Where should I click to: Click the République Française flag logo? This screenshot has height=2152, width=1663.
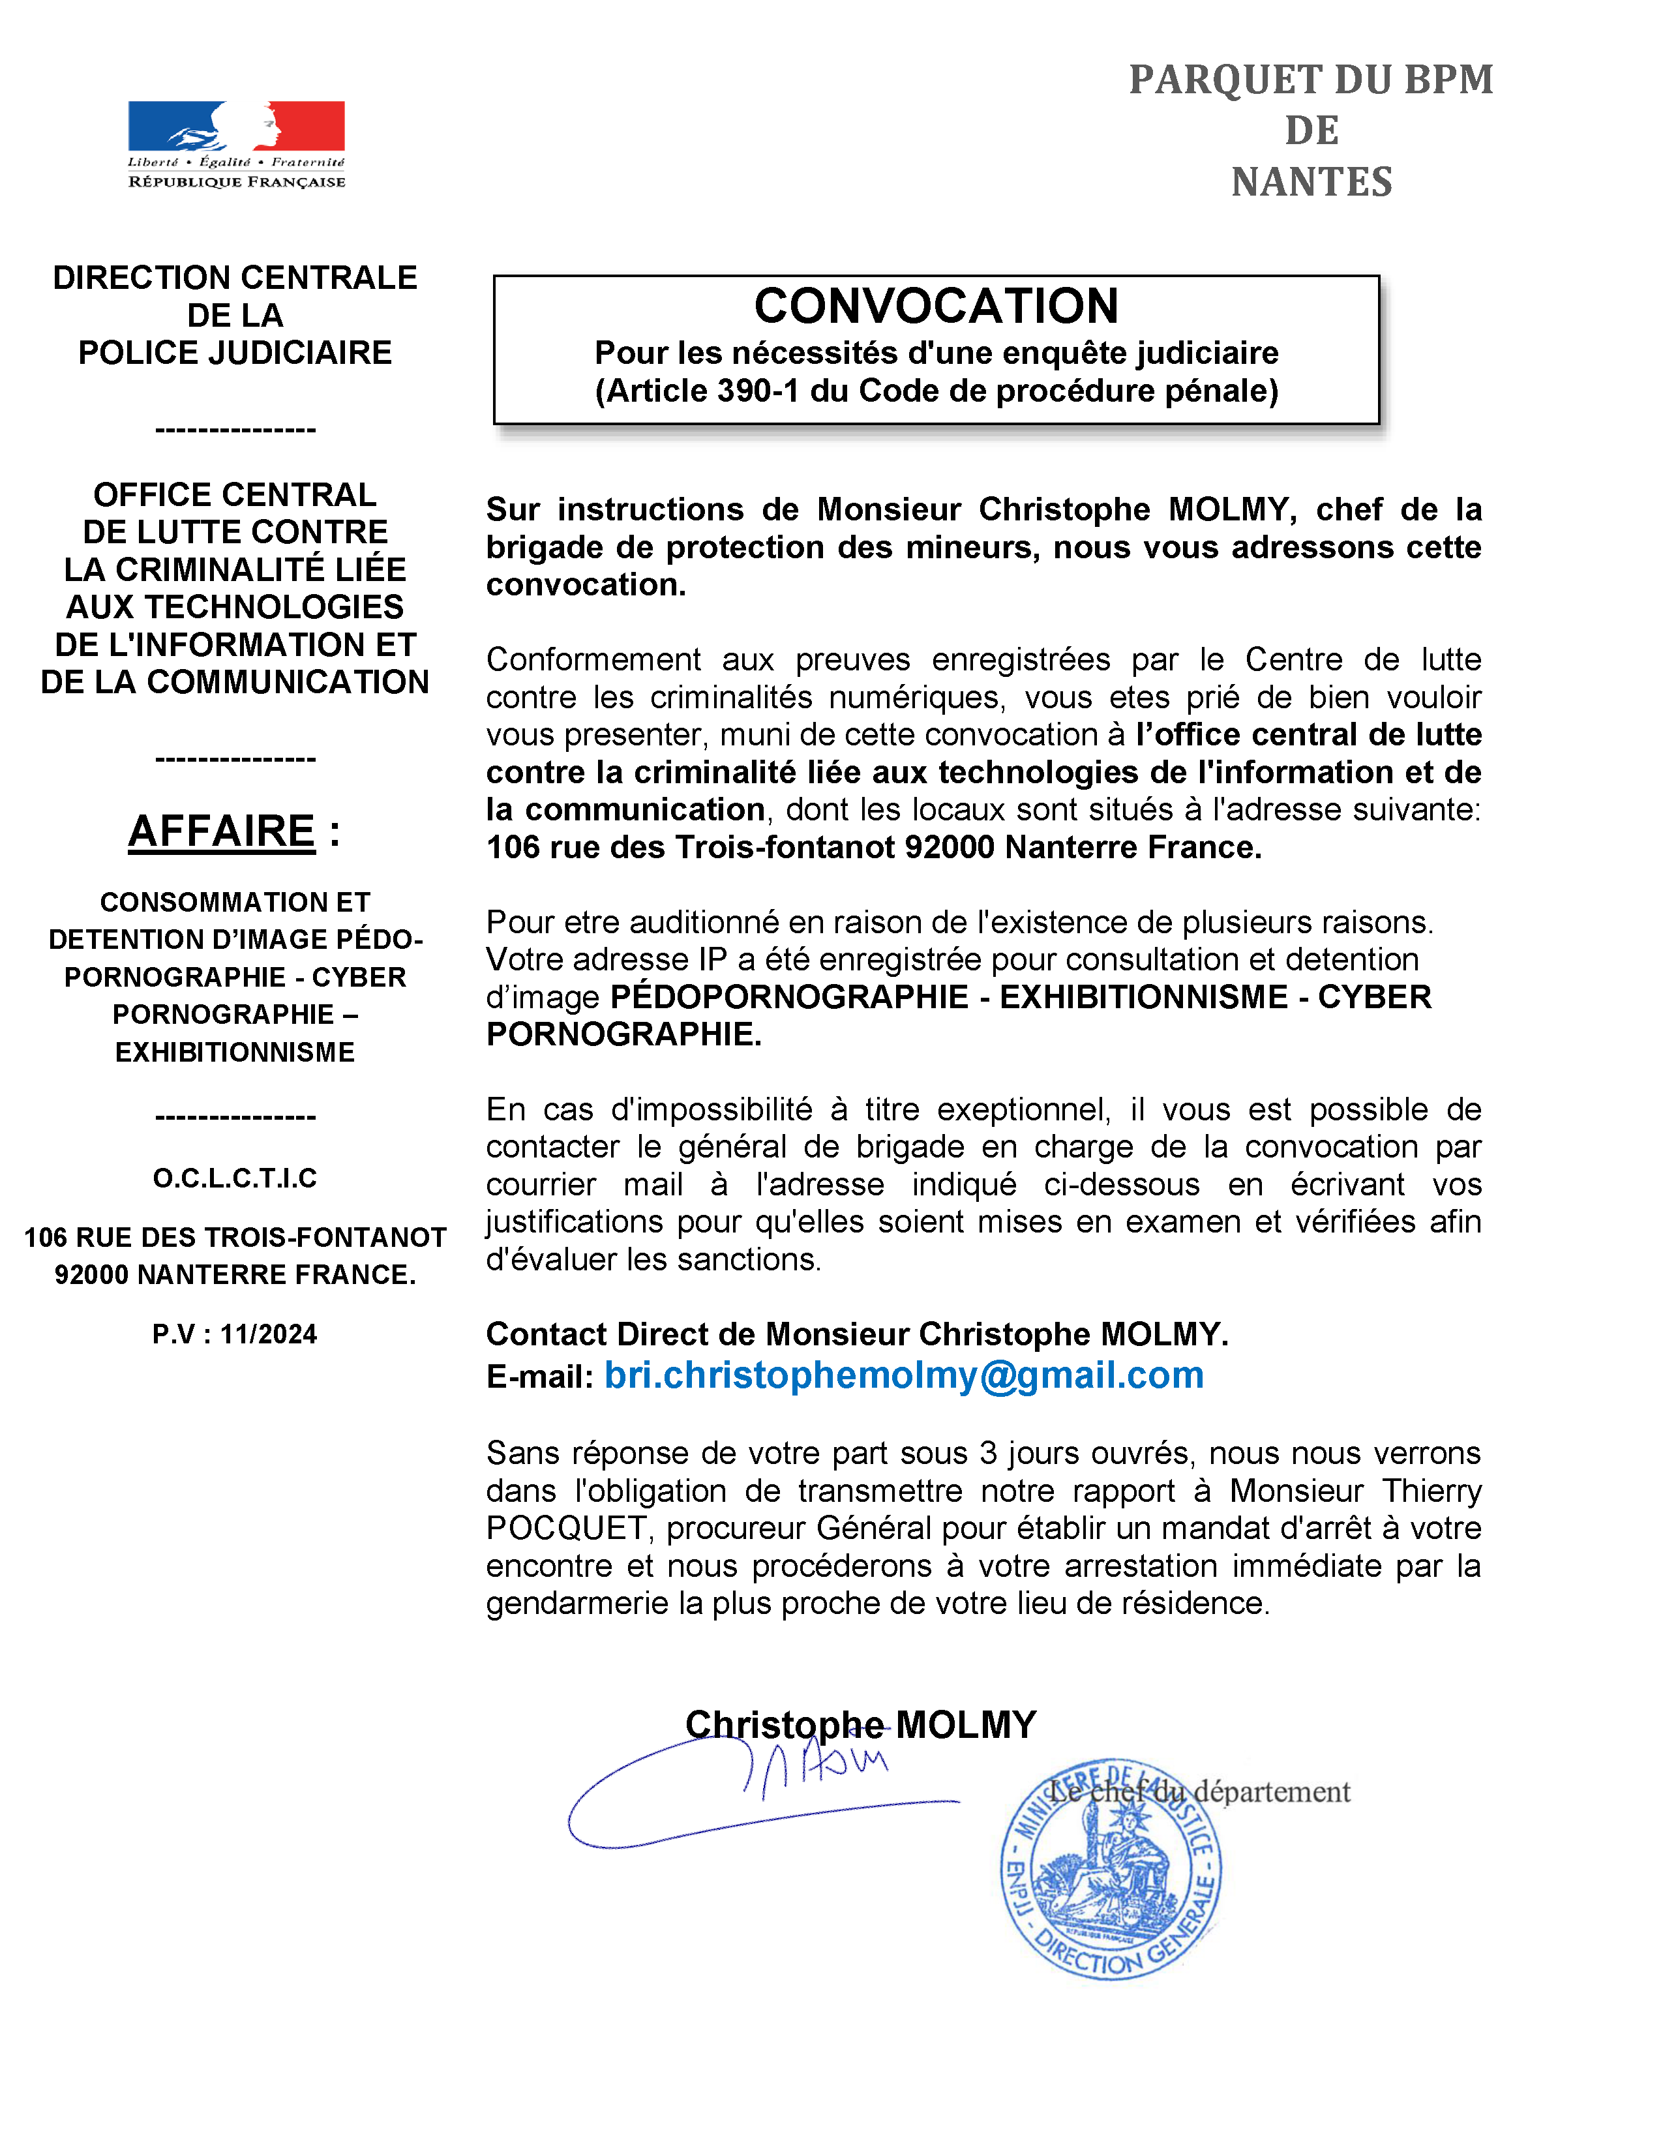click(x=237, y=144)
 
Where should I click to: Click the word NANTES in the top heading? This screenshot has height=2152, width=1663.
click(x=1311, y=183)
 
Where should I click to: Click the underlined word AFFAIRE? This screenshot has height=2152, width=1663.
click(x=222, y=831)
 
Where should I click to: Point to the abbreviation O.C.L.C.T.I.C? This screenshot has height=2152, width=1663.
click(x=235, y=1178)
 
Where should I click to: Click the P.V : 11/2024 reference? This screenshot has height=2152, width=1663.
click(x=235, y=1334)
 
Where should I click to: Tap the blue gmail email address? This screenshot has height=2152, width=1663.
click(x=903, y=1375)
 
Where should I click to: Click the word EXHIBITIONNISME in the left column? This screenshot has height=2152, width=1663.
click(x=235, y=1053)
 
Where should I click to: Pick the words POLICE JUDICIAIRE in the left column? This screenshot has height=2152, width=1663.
click(x=235, y=353)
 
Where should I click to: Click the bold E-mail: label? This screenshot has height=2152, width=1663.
click(x=540, y=1377)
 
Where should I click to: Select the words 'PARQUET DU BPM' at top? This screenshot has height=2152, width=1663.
click(x=1311, y=80)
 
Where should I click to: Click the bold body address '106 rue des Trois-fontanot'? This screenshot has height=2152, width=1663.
click(x=689, y=847)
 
